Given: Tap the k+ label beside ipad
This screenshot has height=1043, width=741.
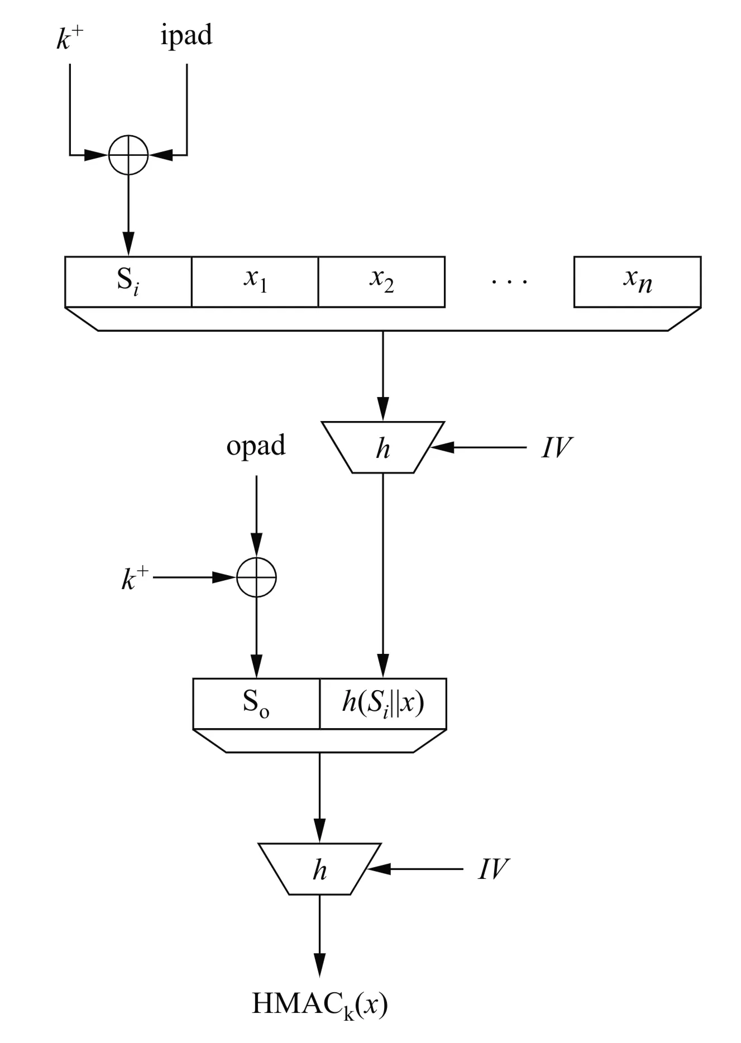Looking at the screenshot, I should point(70,38).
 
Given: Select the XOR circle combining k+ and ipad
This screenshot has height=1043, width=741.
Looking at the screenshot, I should point(128,155).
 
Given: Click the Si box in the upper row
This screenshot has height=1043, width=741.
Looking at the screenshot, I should point(128,281).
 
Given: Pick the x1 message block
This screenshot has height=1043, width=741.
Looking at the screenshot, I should point(255,281).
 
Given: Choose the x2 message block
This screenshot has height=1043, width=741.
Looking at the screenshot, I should point(381,281).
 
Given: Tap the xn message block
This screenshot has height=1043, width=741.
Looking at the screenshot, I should point(637,281).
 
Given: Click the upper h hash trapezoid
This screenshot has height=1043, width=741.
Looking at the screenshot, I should point(383,447).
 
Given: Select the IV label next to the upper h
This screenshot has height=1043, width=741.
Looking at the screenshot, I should point(556,448).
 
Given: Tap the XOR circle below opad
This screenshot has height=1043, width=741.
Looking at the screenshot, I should point(256,577).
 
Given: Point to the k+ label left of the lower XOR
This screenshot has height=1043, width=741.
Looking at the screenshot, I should point(135,578).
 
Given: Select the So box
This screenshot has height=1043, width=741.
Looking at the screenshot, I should point(256,704).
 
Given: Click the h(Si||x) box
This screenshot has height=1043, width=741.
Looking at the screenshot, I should point(383,704).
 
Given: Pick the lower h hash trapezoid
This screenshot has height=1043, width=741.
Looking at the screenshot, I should point(319,869).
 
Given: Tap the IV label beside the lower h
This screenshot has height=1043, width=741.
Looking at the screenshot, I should point(493,869).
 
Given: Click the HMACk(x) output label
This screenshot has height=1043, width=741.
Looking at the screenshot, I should point(319,1004).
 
